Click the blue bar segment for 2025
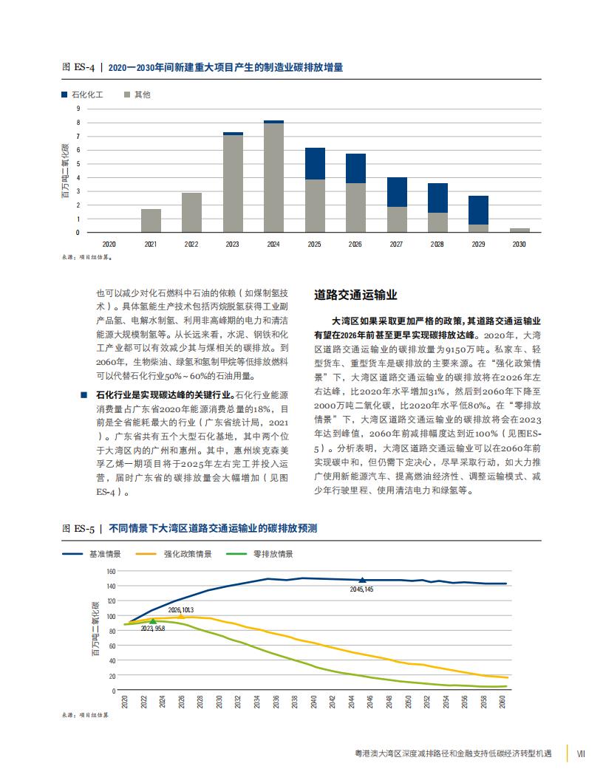pyautogui.click(x=315, y=164)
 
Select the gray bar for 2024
pyautogui.click(x=273, y=177)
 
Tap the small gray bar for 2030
pyautogui.click(x=519, y=230)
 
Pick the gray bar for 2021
pyautogui.click(x=151, y=221)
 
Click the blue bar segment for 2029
pyautogui.click(x=478, y=211)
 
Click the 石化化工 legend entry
pyautogui.click(x=82, y=95)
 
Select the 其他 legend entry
pyautogui.click(x=137, y=95)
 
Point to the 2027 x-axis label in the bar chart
pyautogui.click(x=396, y=244)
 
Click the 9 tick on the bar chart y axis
pyautogui.click(x=78, y=109)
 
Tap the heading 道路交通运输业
pyautogui.click(x=355, y=295)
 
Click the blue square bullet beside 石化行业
pyautogui.click(x=84, y=395)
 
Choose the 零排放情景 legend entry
pyautogui.click(x=259, y=554)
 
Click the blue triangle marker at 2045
pyautogui.click(x=362, y=580)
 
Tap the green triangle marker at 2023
pyautogui.click(x=153, y=620)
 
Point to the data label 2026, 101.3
pyautogui.click(x=180, y=610)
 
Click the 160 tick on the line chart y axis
pyautogui.click(x=111, y=572)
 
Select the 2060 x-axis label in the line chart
pyautogui.click(x=502, y=702)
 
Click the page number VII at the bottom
pyautogui.click(x=581, y=753)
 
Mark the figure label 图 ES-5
pyautogui.click(x=78, y=528)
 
